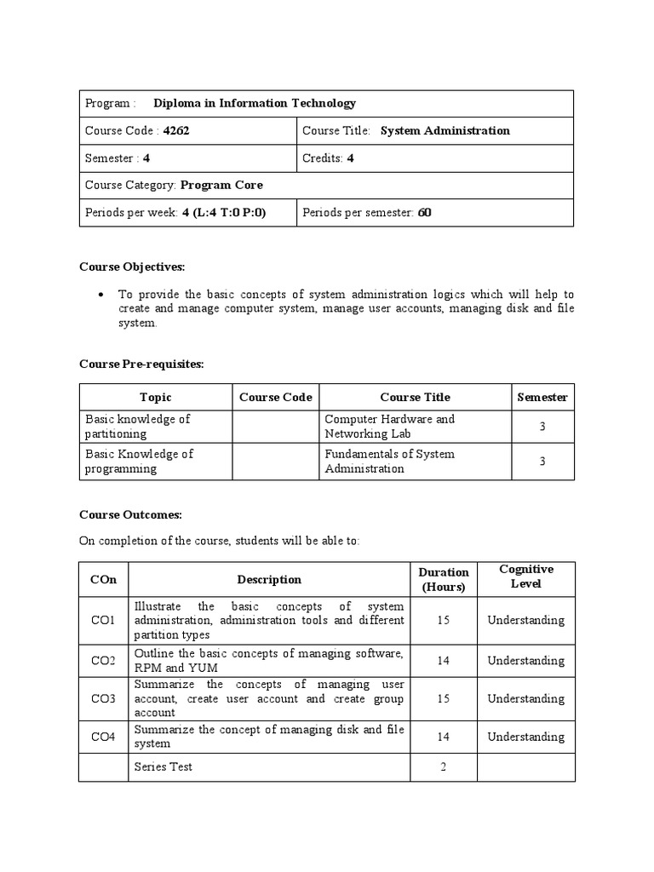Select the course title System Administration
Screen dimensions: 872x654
[445, 131]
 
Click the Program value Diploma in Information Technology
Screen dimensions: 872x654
[255, 104]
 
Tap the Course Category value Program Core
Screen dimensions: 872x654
[221, 186]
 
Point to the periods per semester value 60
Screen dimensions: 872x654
[424, 213]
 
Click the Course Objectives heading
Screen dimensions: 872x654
[132, 267]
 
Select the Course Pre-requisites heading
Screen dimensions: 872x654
[141, 364]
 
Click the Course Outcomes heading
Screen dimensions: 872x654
[130, 515]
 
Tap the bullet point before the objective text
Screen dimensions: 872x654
[101, 295]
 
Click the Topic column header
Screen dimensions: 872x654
[156, 398]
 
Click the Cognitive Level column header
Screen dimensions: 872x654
[525, 577]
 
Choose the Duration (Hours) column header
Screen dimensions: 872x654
[443, 580]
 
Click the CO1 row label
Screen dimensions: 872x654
[103, 621]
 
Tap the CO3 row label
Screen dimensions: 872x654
[103, 699]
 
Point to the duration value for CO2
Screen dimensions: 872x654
[443, 661]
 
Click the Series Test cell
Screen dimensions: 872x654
[163, 767]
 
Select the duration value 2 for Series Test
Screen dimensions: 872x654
[443, 767]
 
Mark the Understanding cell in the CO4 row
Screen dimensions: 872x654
[525, 737]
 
